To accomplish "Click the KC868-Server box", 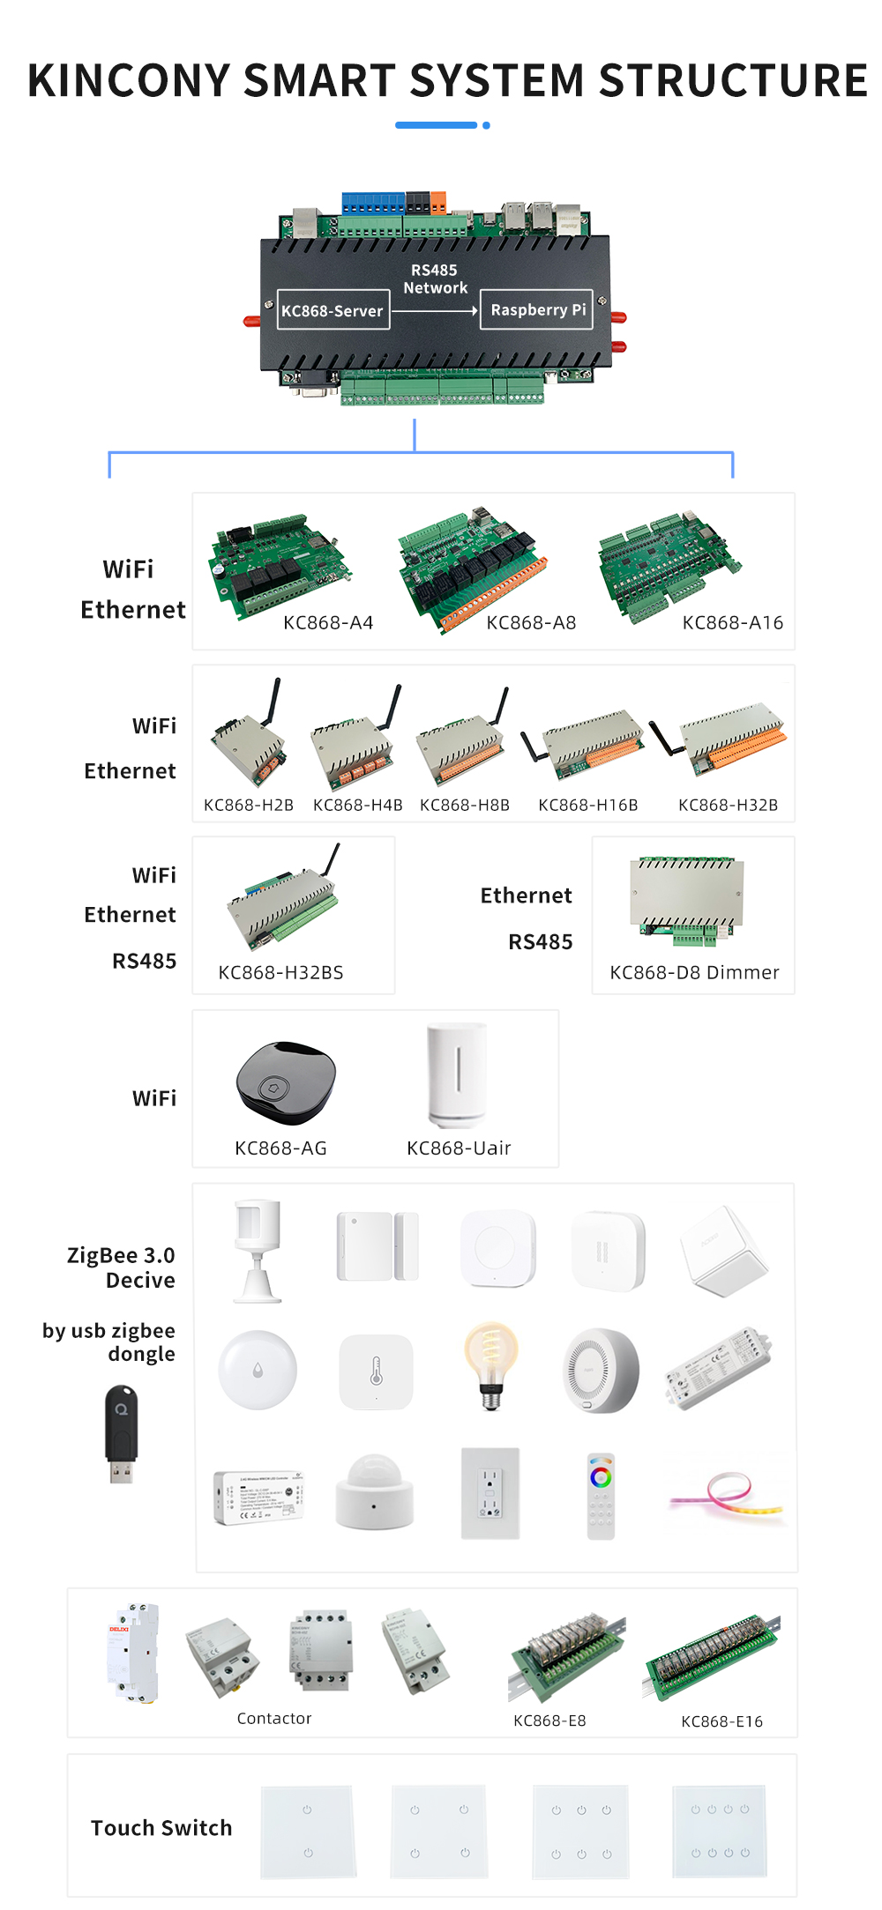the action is click(x=333, y=309).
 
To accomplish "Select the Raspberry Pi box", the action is click(x=536, y=309).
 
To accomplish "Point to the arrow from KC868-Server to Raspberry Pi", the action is click(x=435, y=310).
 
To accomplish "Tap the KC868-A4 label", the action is click(x=328, y=622).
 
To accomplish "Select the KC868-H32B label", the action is click(x=728, y=805).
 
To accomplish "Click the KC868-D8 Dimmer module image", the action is click(x=687, y=900).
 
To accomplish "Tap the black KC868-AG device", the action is click(x=285, y=1083).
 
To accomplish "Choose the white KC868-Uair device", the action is click(x=457, y=1075).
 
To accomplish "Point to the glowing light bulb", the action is click(x=491, y=1365).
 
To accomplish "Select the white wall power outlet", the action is click(x=490, y=1493).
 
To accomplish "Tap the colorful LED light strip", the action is click(x=727, y=1494).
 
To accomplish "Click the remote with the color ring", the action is click(x=601, y=1496).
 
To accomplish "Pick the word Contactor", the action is click(x=274, y=1718).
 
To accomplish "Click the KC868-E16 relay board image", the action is click(x=713, y=1657).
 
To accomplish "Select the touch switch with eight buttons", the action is click(x=720, y=1831).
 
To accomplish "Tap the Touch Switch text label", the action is click(x=161, y=1828).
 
